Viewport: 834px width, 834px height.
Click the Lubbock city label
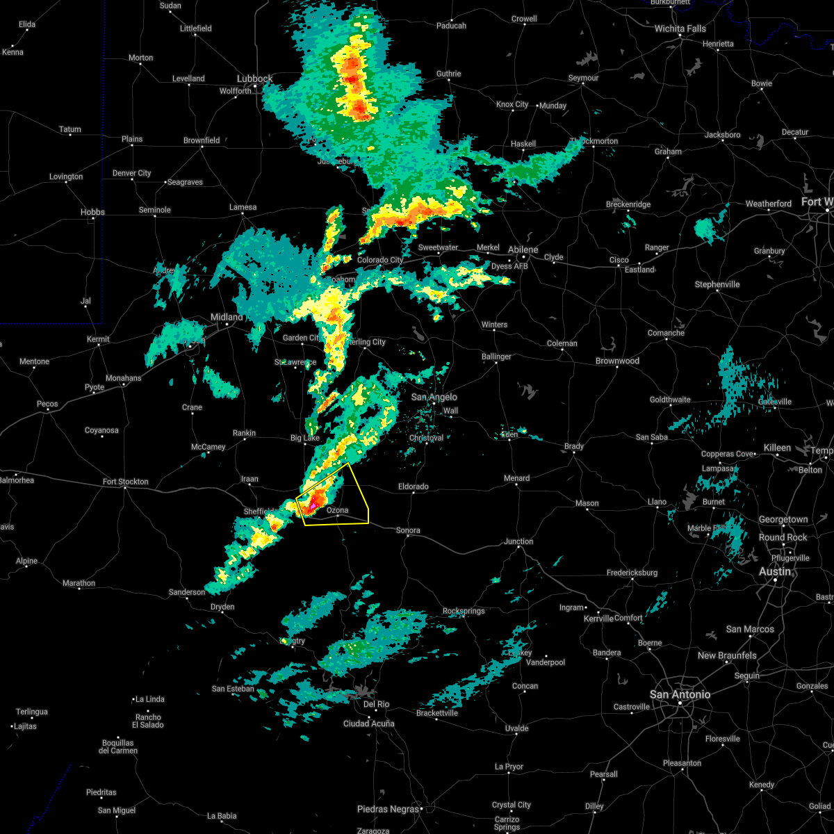click(254, 79)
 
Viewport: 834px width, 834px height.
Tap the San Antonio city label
click(680, 694)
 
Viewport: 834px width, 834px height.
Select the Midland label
click(227, 317)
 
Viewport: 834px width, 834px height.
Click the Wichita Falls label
click(680, 28)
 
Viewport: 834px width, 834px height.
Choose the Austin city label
click(774, 571)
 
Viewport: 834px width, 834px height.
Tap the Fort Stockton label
click(126, 482)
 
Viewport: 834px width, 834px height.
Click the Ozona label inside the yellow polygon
click(337, 510)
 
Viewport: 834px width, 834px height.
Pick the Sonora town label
click(408, 530)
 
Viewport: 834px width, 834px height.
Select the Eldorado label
click(413, 486)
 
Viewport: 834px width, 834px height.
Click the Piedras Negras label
click(389, 809)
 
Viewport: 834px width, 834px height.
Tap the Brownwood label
click(617, 361)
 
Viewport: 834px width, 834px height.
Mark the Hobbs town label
click(92, 212)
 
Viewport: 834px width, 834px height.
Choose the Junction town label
click(519, 541)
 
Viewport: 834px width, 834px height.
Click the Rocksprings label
click(464, 612)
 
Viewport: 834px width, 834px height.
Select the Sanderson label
click(187, 592)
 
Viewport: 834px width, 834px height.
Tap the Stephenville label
click(717, 284)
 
